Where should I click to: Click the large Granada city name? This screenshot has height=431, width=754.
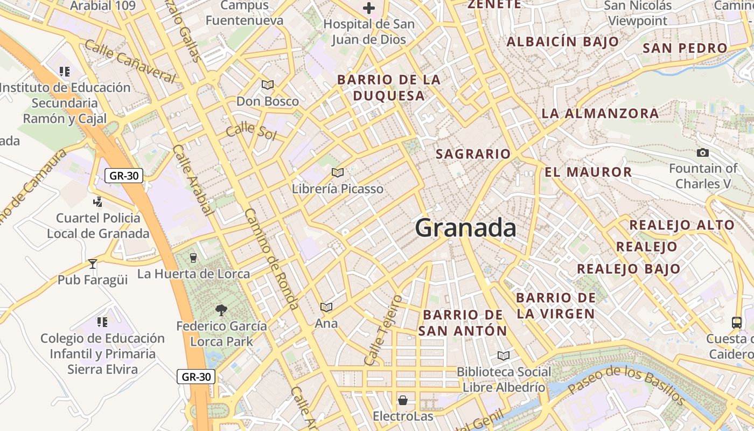tap(465, 228)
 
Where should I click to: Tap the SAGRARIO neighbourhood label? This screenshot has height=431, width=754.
tap(473, 154)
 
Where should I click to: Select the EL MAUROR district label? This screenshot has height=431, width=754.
tap(588, 172)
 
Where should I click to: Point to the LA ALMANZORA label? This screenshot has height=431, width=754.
tap(600, 114)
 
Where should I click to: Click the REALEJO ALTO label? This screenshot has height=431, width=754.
tap(682, 225)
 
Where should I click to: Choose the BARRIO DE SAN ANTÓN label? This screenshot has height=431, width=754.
tap(463, 323)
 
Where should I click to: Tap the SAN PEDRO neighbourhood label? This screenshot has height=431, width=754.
tap(685, 48)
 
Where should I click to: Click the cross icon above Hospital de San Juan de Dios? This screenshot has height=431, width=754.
tap(369, 8)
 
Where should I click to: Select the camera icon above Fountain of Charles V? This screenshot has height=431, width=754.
tap(702, 153)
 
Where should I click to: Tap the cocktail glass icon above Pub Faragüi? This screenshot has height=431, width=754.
tap(93, 263)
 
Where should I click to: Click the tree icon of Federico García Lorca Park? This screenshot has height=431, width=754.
tap(221, 310)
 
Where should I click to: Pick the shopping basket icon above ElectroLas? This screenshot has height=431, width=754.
tap(402, 400)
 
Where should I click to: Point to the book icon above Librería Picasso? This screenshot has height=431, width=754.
tap(338, 172)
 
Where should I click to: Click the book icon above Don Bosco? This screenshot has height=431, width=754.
tap(268, 85)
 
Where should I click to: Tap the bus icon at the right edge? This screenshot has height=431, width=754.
tap(737, 323)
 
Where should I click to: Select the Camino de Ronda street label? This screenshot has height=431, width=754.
tap(272, 259)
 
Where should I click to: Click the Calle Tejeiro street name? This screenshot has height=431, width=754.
tap(383, 329)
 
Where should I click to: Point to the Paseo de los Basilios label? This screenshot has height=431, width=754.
tap(626, 385)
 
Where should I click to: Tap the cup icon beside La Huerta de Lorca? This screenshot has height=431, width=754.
tap(193, 258)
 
